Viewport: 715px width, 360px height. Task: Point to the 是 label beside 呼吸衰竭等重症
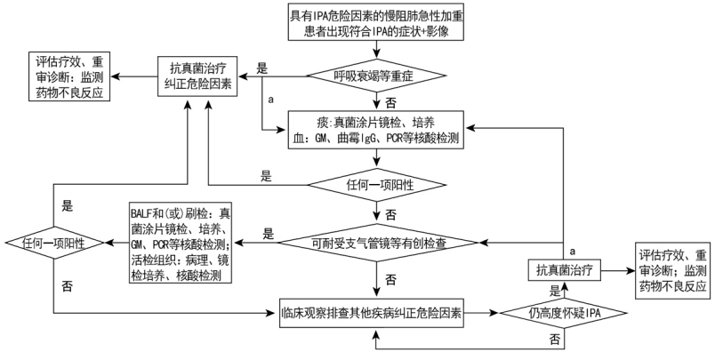(x=262, y=68)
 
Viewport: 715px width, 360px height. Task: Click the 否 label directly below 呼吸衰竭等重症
(x=390, y=103)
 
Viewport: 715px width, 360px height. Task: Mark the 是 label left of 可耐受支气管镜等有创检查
(x=268, y=234)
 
